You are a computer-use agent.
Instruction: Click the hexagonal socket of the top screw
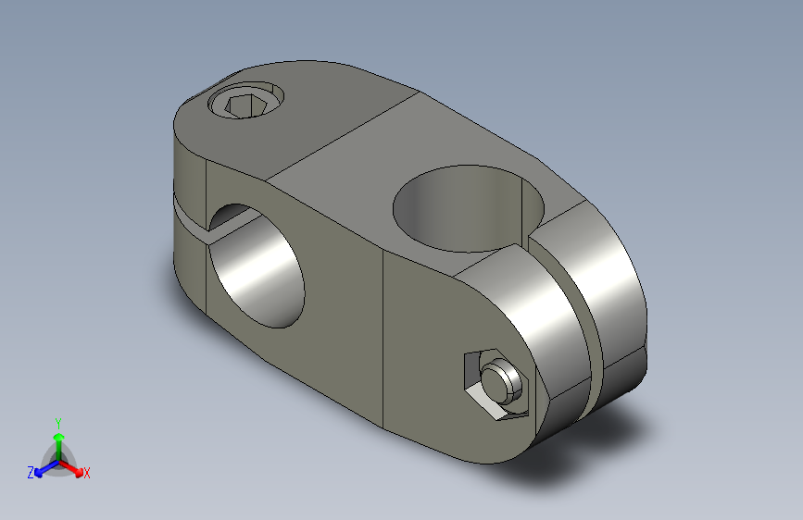tap(245, 106)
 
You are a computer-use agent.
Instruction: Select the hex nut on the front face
tap(496, 384)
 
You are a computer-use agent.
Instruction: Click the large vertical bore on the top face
tap(469, 209)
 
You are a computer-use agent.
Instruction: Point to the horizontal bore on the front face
tap(257, 266)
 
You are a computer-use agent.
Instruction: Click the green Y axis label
tap(58, 423)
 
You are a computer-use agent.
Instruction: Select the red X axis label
tap(86, 473)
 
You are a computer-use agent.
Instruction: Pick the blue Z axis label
tap(31, 473)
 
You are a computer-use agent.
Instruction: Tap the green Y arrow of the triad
tap(59, 447)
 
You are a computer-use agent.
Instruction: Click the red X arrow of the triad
tap(70, 468)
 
